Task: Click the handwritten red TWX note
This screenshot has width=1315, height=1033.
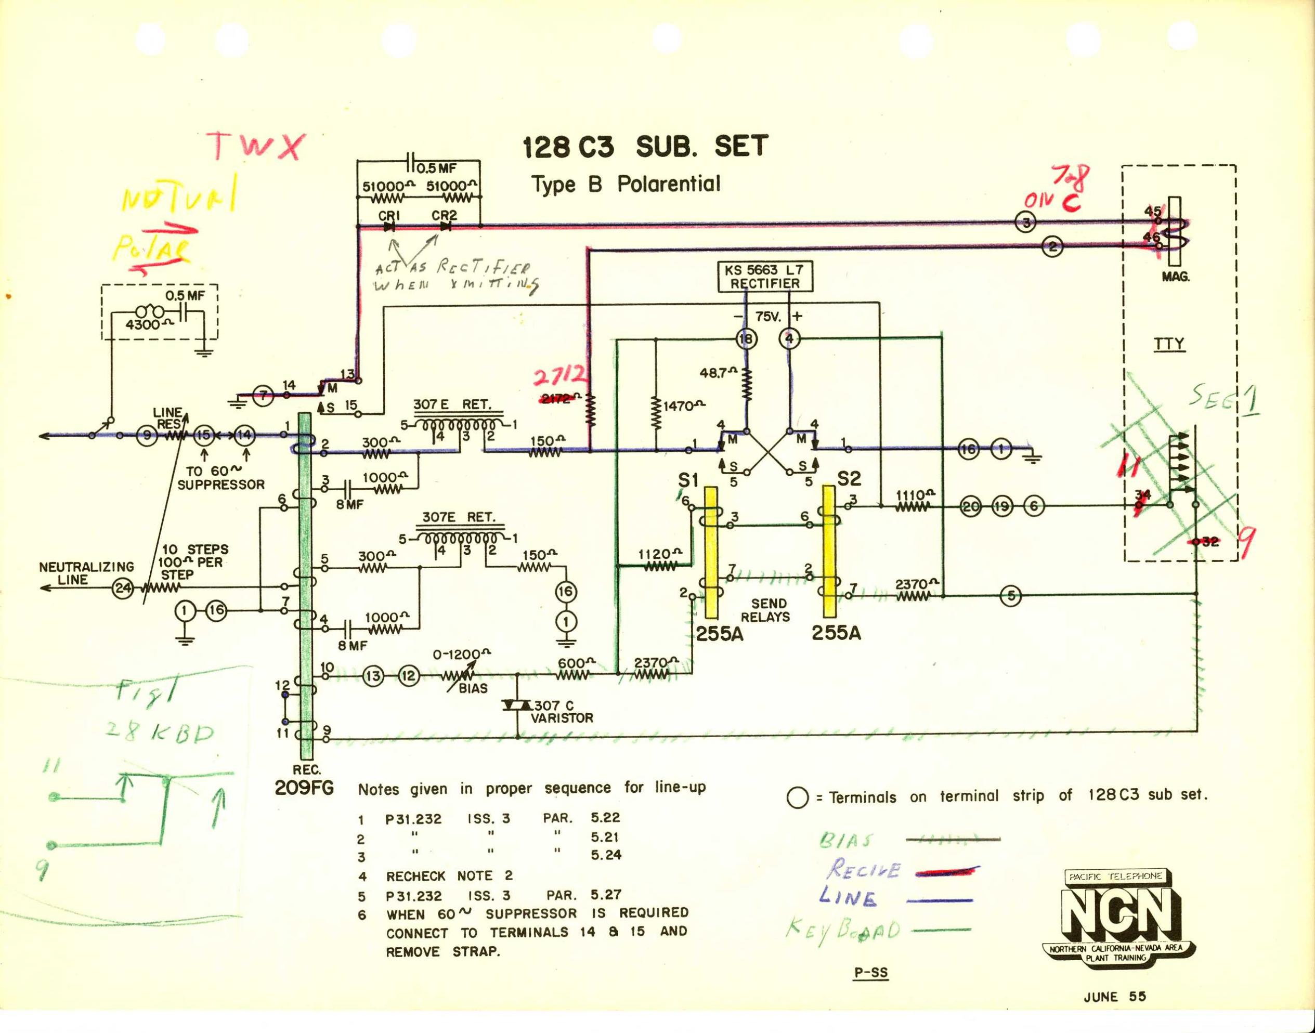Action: [254, 147]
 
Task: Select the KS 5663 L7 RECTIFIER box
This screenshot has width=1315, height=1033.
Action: [764, 277]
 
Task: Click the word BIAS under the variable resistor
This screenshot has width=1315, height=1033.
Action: [473, 688]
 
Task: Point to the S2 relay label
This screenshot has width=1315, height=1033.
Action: [848, 479]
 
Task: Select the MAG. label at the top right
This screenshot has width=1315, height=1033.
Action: [1175, 278]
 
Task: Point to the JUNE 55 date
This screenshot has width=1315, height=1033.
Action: [1115, 997]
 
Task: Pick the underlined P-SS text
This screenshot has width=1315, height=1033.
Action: [870, 973]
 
